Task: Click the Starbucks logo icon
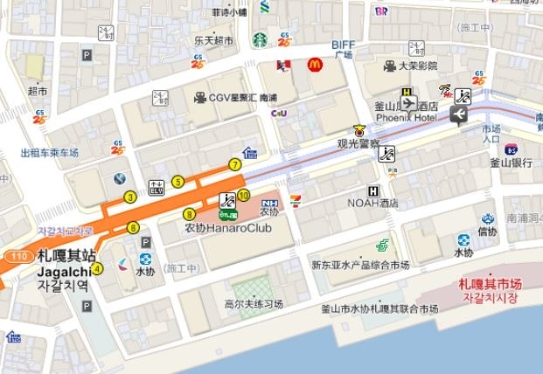(260, 40)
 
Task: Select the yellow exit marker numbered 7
(234, 164)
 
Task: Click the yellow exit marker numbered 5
(178, 182)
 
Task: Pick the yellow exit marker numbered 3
(130, 197)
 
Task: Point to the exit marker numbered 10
(244, 195)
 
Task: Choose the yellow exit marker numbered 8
(189, 214)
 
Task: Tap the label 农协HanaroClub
(227, 228)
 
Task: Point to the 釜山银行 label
(512, 163)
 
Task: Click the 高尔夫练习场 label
(254, 305)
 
